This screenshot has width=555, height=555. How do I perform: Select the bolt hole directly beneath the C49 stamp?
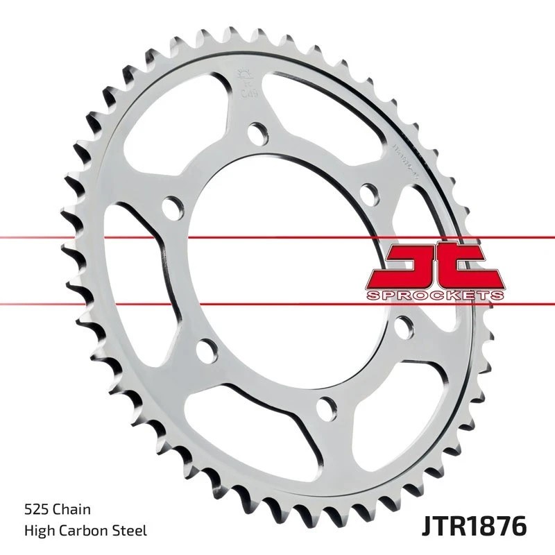click(x=257, y=132)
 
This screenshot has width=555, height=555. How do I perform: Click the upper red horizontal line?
click(x=104, y=238)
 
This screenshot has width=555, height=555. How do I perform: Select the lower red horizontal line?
click(x=104, y=302)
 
